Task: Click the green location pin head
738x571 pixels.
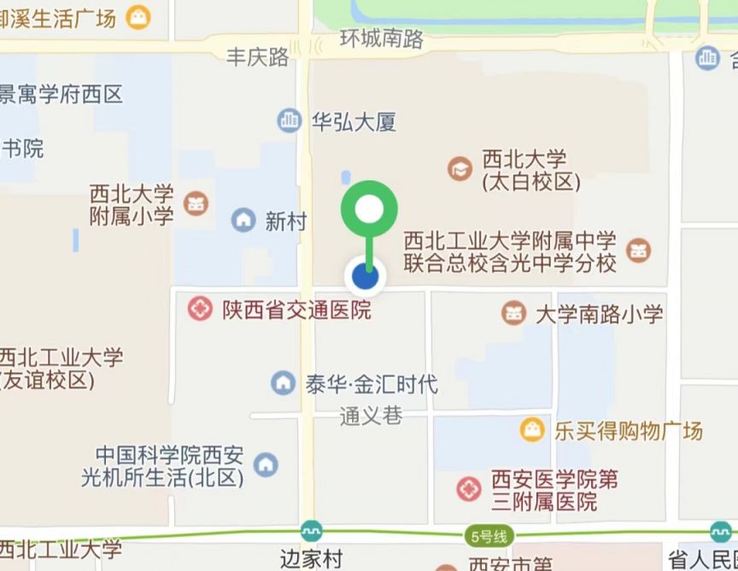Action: click(x=369, y=209)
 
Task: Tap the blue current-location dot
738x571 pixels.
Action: click(x=366, y=276)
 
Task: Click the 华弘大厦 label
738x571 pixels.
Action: click(x=353, y=122)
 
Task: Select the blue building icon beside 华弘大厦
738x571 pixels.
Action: click(x=290, y=121)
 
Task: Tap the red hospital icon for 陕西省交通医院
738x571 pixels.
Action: click(x=201, y=309)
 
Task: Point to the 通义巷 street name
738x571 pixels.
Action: click(x=371, y=416)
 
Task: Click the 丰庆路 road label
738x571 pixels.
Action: click(x=258, y=57)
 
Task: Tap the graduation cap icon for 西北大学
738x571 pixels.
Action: click(x=460, y=169)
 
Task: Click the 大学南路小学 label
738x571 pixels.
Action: click(x=599, y=314)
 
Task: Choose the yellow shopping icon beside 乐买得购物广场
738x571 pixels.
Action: click(x=533, y=429)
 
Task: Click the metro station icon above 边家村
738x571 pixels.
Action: click(x=311, y=531)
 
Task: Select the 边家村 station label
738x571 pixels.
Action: click(x=311, y=559)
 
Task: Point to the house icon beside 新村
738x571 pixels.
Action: click(x=243, y=221)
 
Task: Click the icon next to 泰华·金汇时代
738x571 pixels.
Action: click(x=283, y=383)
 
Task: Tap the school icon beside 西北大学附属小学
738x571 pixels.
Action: click(x=196, y=204)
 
